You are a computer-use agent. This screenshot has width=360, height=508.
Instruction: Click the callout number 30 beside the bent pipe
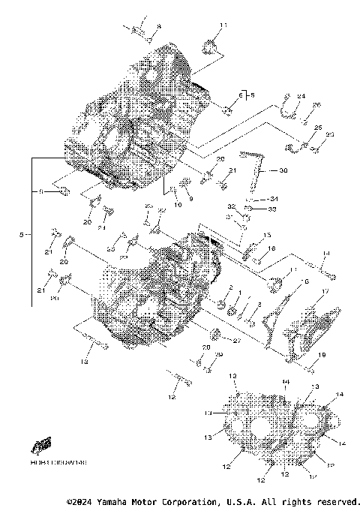283,171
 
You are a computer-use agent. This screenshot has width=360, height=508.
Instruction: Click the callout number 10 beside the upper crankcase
178,205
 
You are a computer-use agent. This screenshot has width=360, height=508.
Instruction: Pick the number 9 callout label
190,198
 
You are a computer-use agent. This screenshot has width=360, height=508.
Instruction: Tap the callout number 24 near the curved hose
301,96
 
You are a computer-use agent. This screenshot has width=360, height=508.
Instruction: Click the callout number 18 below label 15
272,248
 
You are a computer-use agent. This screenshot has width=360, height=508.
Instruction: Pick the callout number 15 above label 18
267,234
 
